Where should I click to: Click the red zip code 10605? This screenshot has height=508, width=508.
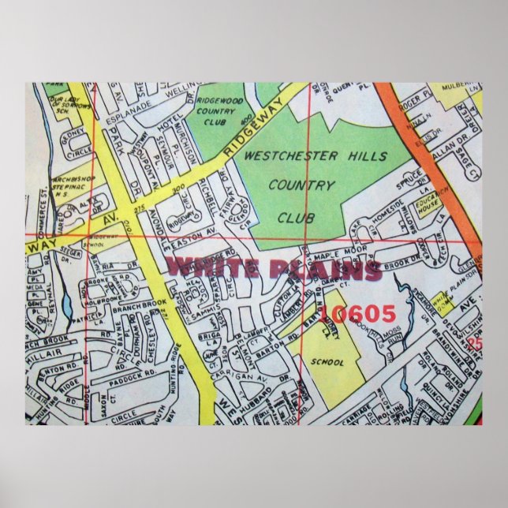[359, 314]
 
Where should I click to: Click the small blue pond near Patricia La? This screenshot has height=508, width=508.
[65, 304]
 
